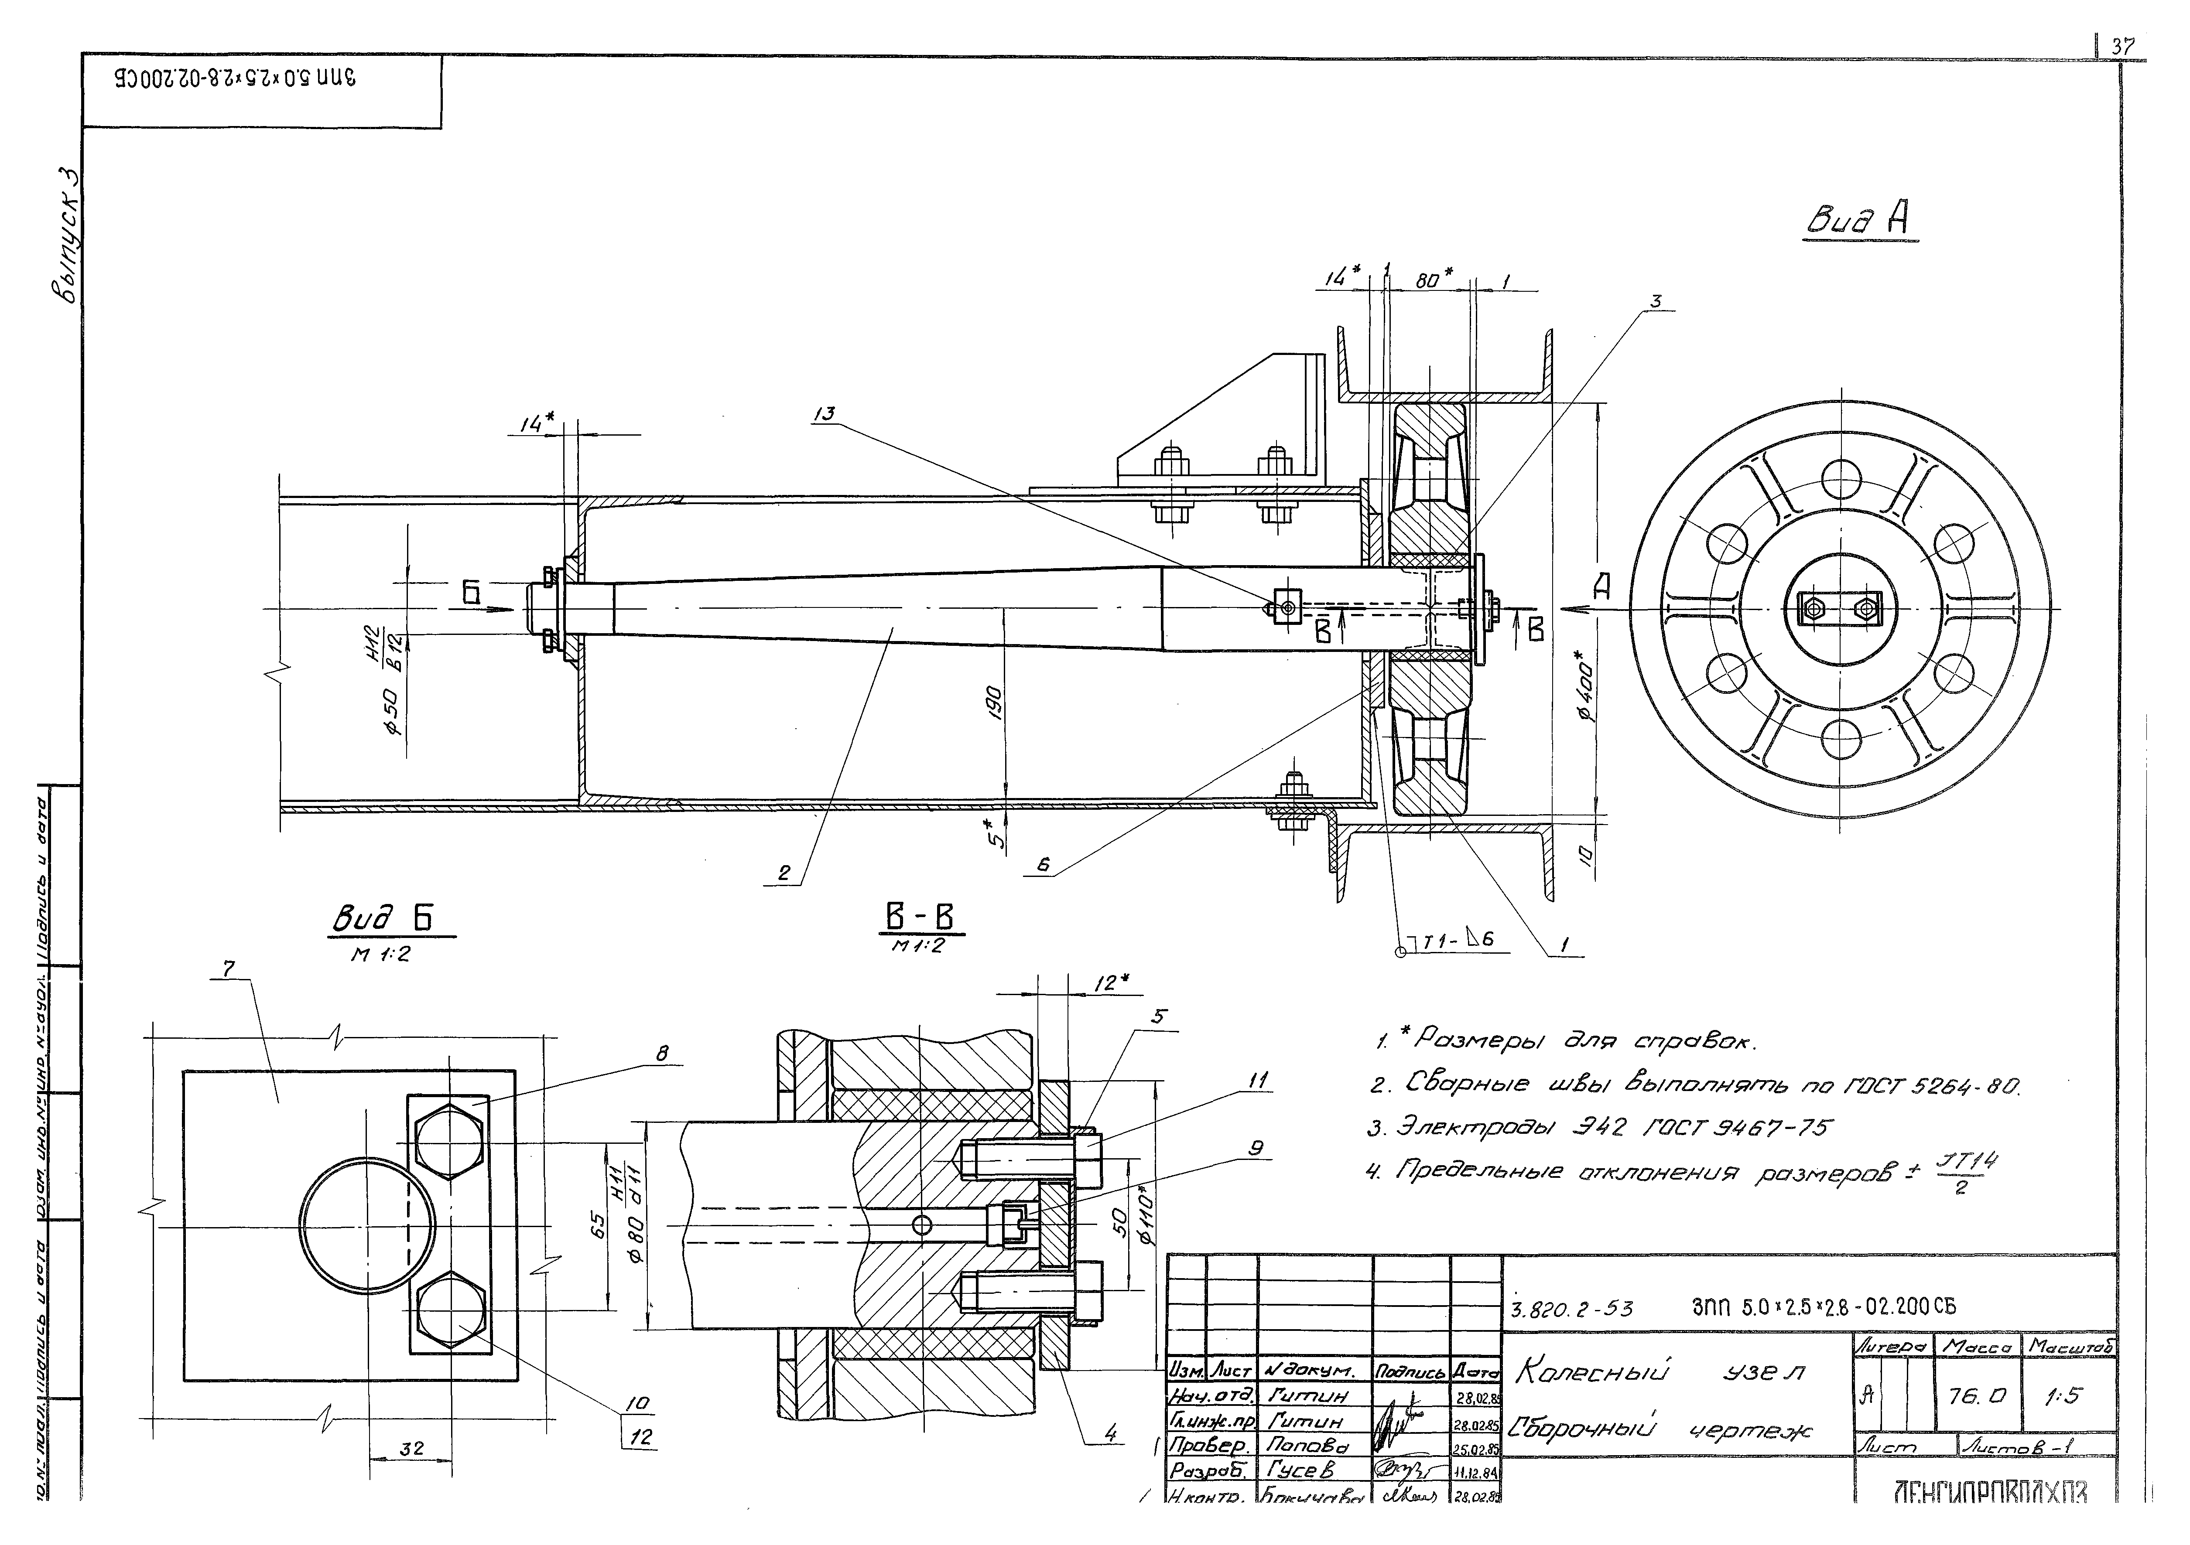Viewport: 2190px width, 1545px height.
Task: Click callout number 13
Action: pyautogui.click(x=824, y=414)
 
